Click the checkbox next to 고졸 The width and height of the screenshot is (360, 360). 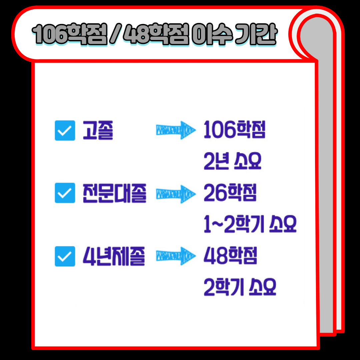coord(65,131)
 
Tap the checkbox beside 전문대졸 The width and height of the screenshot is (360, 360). coord(65,193)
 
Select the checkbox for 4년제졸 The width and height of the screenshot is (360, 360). coord(65,257)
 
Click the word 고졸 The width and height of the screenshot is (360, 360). coord(98,131)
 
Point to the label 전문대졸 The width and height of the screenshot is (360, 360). coord(114,193)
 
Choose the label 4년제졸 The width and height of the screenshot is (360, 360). coord(114,257)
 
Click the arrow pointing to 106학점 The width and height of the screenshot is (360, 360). coord(176,131)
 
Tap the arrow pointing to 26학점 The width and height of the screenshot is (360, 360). coord(176,193)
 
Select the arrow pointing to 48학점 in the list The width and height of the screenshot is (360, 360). coord(176,257)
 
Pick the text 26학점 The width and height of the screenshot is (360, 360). coord(230,193)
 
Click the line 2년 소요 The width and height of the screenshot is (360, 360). coord(232,162)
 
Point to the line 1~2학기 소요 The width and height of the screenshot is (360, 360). coord(250,225)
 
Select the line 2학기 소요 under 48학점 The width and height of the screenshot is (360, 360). coord(240,288)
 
